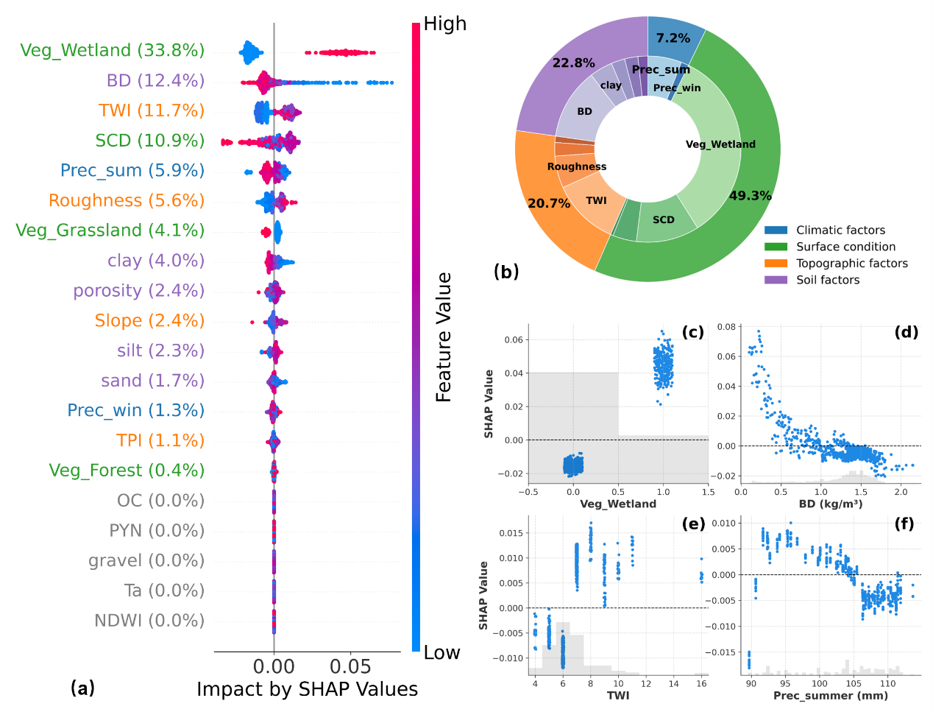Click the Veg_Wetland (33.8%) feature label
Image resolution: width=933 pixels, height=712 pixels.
(113, 50)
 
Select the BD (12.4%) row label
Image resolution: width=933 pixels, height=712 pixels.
(155, 80)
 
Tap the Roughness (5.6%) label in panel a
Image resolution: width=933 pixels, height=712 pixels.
(127, 200)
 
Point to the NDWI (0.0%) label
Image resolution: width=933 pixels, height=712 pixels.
(149, 621)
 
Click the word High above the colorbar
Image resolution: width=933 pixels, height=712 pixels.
(445, 24)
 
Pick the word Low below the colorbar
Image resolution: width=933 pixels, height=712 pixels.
(441, 653)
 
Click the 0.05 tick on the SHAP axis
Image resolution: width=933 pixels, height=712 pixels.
(350, 666)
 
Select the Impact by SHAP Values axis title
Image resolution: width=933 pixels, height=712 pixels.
(307, 689)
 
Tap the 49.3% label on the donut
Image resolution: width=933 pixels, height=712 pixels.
(750, 196)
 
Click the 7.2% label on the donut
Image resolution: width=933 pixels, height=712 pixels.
(673, 38)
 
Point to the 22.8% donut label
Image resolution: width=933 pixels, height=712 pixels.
(574, 63)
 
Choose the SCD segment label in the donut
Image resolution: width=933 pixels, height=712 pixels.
(663, 219)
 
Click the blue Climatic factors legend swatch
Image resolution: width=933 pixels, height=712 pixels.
(776, 230)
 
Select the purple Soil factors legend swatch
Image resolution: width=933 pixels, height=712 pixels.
(776, 280)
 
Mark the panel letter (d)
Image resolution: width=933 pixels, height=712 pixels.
(906, 332)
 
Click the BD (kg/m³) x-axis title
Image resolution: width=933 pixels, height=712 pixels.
(830, 504)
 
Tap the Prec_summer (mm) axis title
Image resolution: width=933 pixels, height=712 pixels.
(830, 695)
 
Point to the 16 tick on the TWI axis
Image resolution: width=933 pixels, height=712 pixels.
(701, 683)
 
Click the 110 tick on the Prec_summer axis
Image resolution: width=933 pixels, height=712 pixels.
(887, 683)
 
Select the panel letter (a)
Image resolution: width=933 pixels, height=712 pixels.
(82, 688)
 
